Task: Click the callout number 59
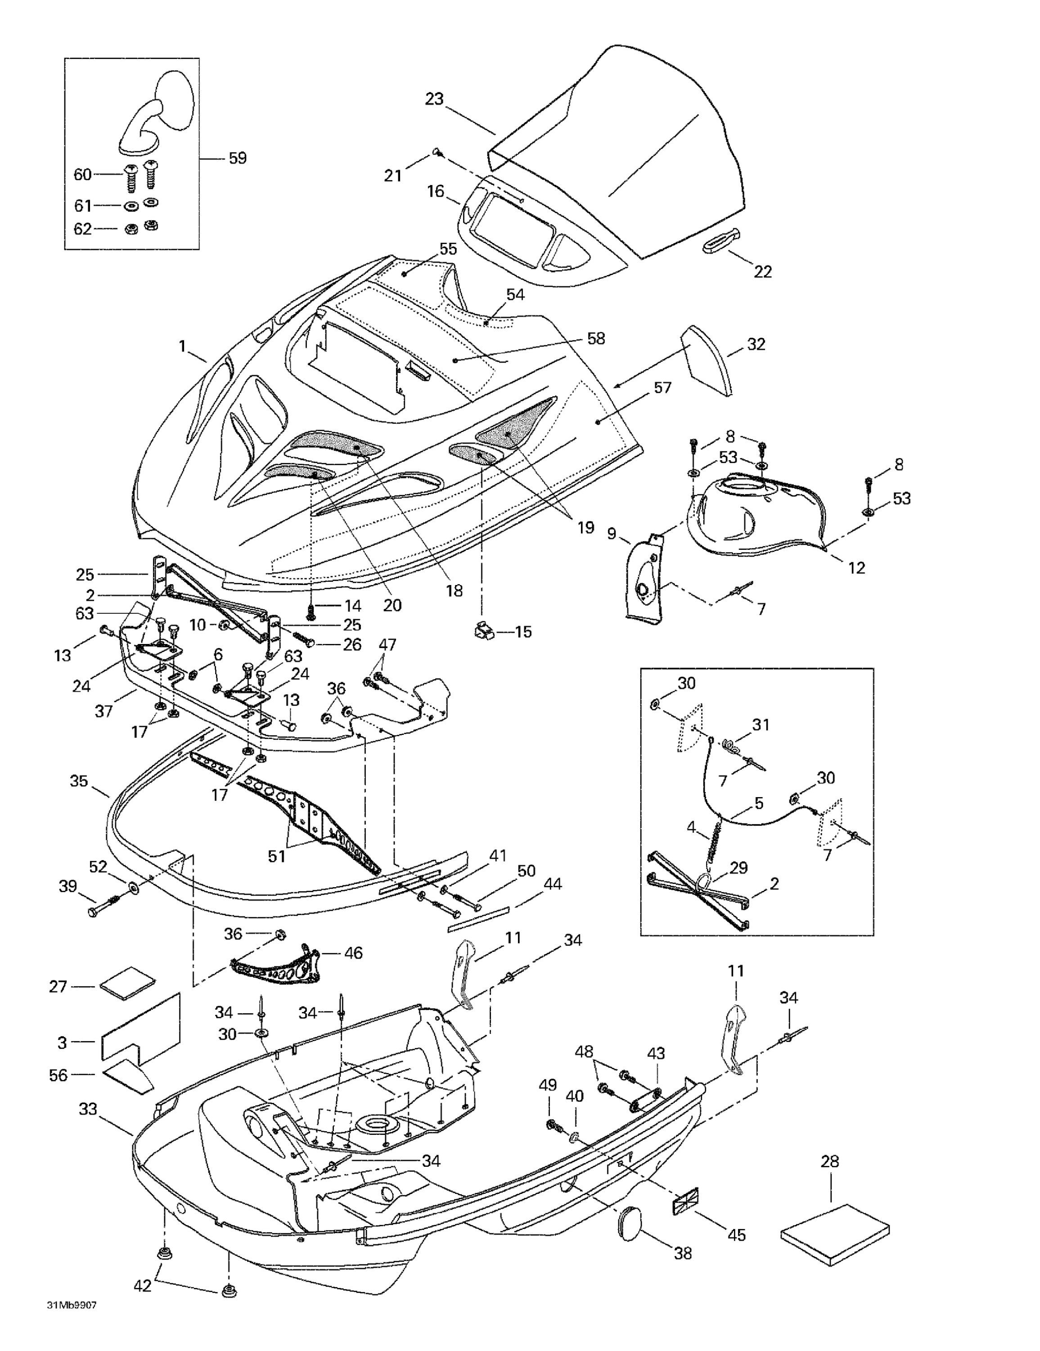point(238,159)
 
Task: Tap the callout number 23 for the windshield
point(434,99)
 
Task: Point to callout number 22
point(762,272)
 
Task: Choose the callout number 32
point(756,345)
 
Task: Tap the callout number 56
point(58,1075)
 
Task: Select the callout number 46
point(353,952)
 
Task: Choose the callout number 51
point(276,856)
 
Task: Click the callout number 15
point(523,632)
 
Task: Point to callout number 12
point(856,567)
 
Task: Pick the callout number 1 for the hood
point(182,346)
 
